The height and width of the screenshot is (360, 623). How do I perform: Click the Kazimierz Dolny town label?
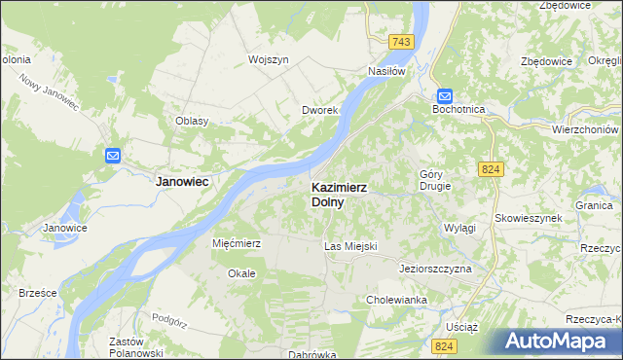tap(338, 195)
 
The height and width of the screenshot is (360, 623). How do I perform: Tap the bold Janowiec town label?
tap(184, 181)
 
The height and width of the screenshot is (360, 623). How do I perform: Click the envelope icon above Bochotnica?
tap(444, 95)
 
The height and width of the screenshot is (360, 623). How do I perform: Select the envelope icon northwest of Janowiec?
tap(112, 155)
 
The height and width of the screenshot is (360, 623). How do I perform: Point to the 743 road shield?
tap(400, 42)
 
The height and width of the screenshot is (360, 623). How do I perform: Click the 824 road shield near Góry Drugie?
tap(491, 169)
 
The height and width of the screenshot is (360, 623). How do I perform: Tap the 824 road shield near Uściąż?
tap(446, 346)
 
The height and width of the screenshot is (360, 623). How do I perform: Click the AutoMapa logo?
tap(559, 342)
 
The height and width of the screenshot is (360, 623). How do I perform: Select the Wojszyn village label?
tap(269, 59)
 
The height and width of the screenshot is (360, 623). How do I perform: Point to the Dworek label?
tap(319, 111)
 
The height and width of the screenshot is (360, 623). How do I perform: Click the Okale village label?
tap(241, 273)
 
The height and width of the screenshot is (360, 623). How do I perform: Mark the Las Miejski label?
tap(349, 247)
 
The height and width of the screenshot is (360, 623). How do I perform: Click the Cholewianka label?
tap(396, 300)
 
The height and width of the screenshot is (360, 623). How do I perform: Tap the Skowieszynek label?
tap(528, 218)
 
